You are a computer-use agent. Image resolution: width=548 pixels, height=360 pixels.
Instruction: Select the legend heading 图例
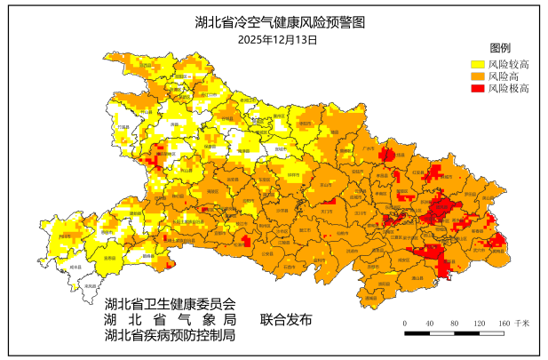click(500, 48)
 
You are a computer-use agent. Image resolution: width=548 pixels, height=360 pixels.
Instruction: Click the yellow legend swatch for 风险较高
click(477, 64)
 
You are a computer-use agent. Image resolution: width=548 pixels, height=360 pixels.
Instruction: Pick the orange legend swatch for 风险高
click(477, 76)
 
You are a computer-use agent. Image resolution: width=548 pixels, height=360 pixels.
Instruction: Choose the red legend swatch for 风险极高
click(477, 89)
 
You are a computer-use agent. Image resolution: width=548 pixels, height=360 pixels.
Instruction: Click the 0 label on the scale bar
click(405, 323)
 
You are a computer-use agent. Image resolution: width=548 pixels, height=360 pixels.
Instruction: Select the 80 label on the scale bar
click(454, 323)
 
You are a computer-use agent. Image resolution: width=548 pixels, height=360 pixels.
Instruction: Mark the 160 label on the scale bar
click(504, 323)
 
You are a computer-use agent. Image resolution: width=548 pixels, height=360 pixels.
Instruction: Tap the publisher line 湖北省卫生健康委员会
click(170, 304)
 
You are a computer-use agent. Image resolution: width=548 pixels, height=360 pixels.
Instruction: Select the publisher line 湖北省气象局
click(170, 320)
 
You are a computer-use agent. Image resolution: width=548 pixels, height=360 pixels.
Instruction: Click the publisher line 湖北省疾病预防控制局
click(170, 336)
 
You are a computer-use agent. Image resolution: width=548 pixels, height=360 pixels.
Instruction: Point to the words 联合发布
click(286, 320)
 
